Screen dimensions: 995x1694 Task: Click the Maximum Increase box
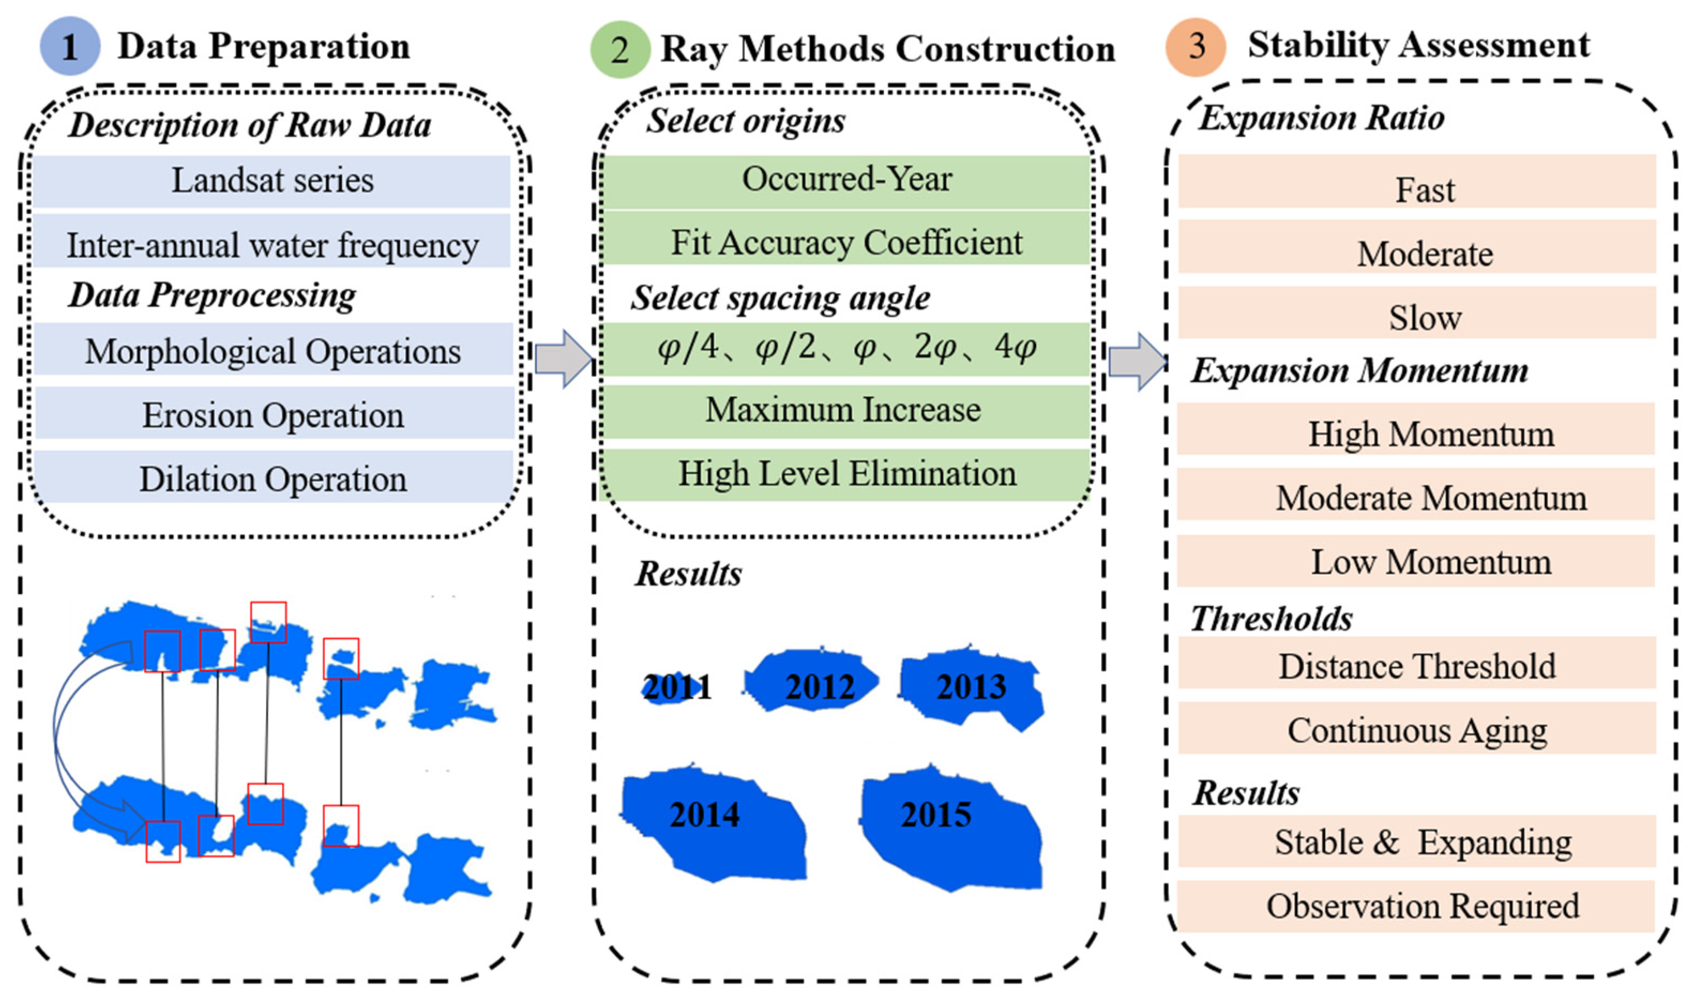tap(844, 410)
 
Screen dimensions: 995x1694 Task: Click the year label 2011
tap(676, 687)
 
